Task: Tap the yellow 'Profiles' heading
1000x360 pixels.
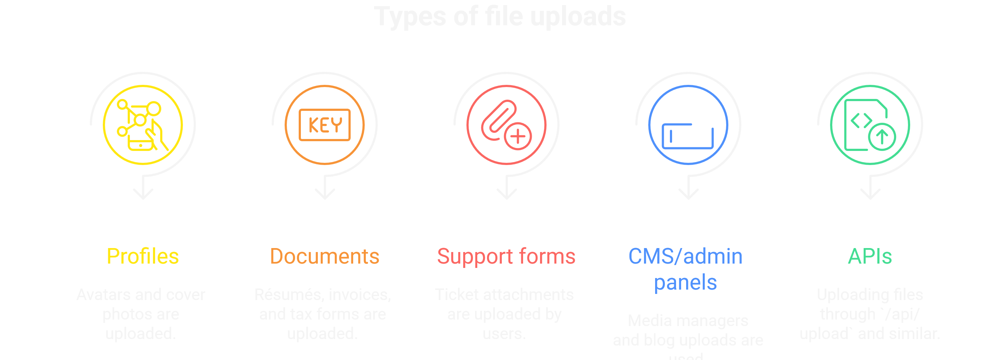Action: point(142,256)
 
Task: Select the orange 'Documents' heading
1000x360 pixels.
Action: point(325,256)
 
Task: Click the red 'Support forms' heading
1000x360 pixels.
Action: point(506,256)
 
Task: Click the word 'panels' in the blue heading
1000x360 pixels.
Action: point(685,282)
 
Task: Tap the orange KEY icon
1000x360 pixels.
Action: point(325,125)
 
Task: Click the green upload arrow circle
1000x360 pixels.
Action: point(882,137)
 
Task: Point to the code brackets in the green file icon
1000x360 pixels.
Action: point(861,120)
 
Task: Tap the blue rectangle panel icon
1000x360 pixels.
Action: point(688,136)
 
